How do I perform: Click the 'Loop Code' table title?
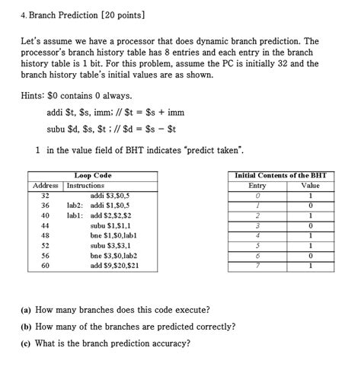93,176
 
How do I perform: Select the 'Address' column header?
46,186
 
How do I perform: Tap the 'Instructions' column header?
85,186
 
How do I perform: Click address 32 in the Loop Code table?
45,196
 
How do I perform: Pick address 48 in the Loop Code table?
45,236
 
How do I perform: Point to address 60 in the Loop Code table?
45,266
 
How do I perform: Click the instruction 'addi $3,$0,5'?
110,196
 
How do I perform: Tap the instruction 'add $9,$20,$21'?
114,266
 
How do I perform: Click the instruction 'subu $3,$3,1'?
111,246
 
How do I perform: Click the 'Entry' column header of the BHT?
257,186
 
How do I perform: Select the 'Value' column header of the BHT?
311,186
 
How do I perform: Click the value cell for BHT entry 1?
311,206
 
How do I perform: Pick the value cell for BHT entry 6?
311,256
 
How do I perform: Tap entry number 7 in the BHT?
257,266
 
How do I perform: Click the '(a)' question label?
26,310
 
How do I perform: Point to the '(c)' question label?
26,343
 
